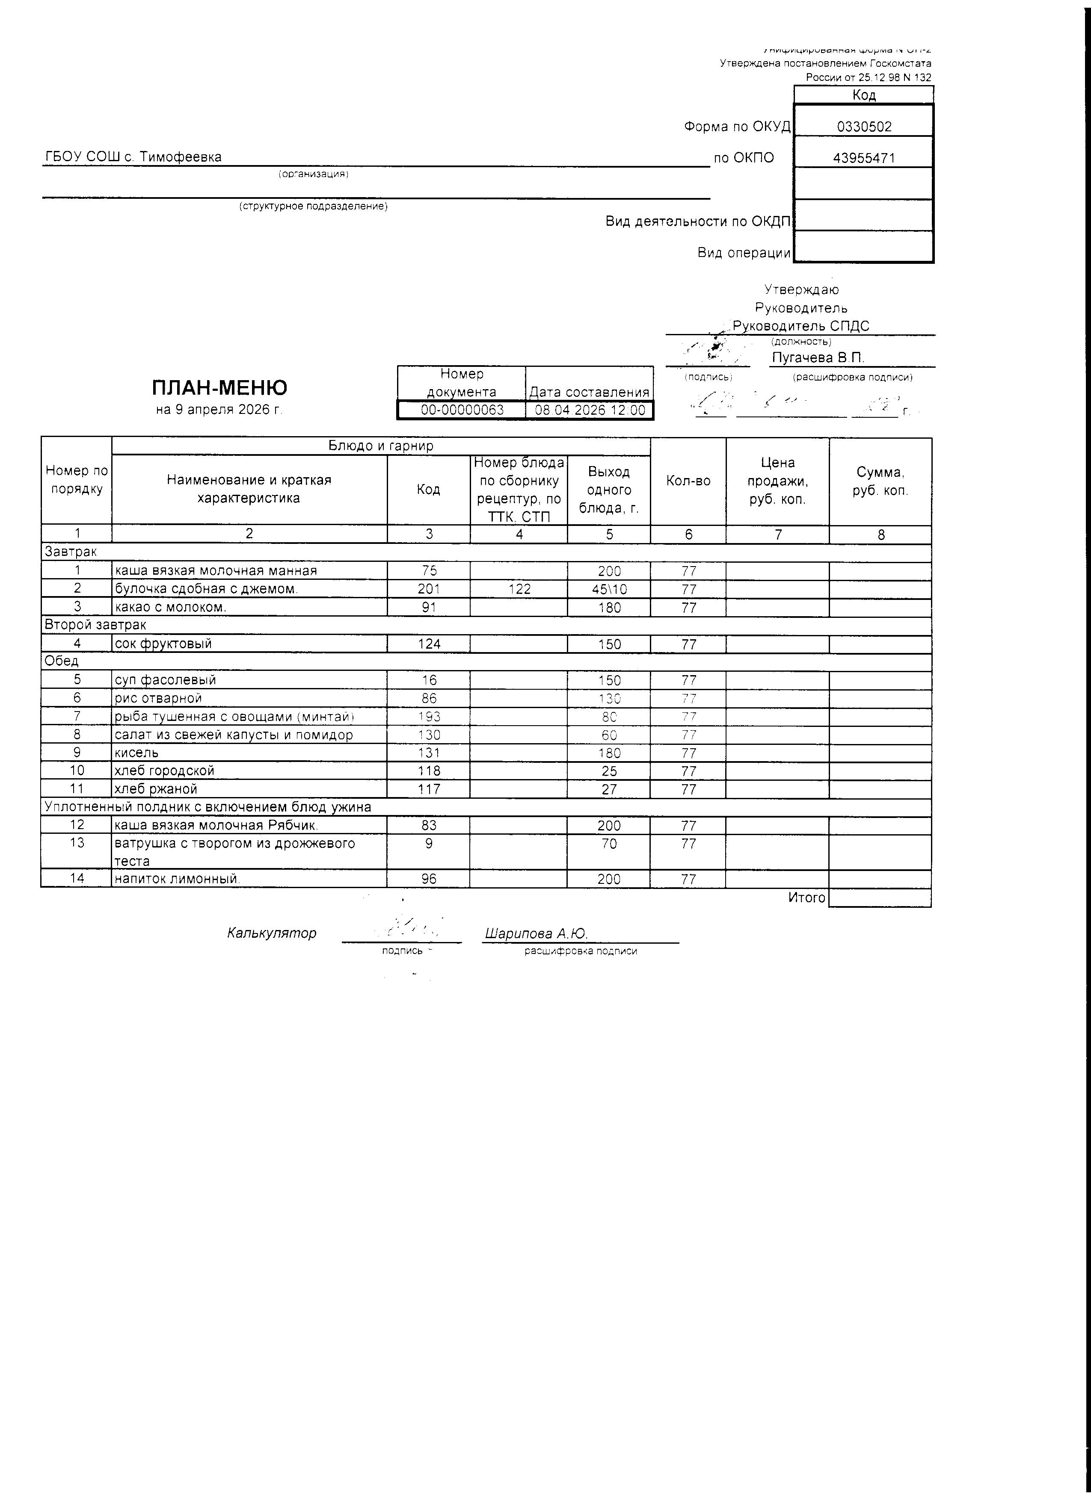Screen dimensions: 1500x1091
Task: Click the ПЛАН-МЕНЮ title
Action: (219, 387)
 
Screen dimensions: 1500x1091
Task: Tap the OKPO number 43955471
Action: (864, 158)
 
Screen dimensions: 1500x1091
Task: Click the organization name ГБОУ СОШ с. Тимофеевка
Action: (133, 157)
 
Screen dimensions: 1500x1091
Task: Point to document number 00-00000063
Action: (462, 410)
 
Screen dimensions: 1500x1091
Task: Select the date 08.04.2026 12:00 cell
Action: (590, 410)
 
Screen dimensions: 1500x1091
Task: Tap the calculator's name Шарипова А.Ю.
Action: (536, 933)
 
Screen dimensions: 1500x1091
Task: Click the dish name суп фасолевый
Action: (166, 680)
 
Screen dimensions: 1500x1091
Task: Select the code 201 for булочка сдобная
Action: (429, 589)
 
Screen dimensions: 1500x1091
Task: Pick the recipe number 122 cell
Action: (519, 589)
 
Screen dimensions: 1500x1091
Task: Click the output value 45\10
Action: (609, 589)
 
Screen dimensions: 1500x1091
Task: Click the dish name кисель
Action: (137, 753)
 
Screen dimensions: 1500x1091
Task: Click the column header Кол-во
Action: (688, 481)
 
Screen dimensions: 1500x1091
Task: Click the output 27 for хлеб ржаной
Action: (609, 789)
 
